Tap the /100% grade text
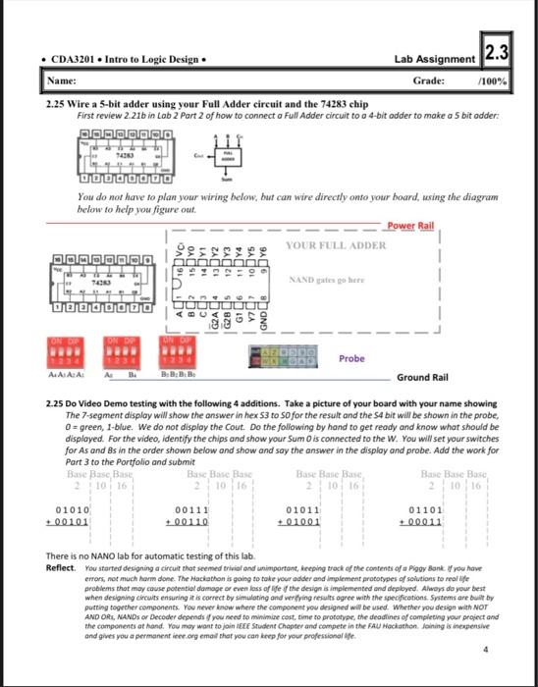(493, 82)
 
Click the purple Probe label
(351, 358)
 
